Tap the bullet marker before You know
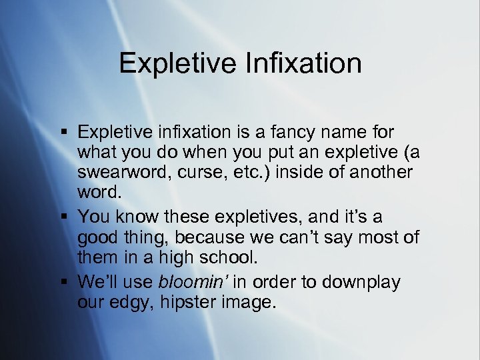64,217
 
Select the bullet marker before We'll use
64,281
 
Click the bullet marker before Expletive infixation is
64,131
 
